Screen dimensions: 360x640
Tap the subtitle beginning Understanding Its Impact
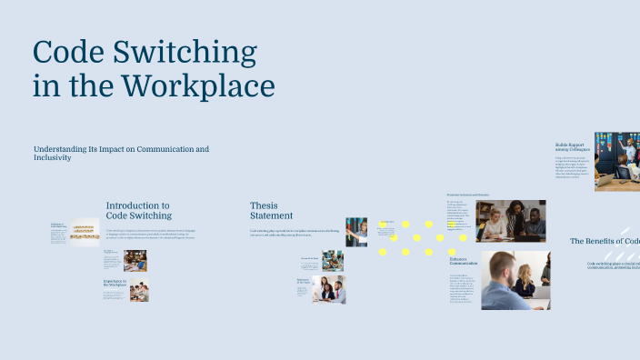pos(121,153)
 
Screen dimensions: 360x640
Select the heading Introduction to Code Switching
pos(138,211)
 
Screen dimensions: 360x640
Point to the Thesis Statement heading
pos(271,211)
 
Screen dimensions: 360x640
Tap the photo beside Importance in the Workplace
pos(138,292)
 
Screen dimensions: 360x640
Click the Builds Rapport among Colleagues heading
pos(573,146)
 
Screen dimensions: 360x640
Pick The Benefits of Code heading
pos(605,241)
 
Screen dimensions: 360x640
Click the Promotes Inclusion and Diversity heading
pos(474,195)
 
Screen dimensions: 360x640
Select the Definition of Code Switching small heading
pos(59,225)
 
